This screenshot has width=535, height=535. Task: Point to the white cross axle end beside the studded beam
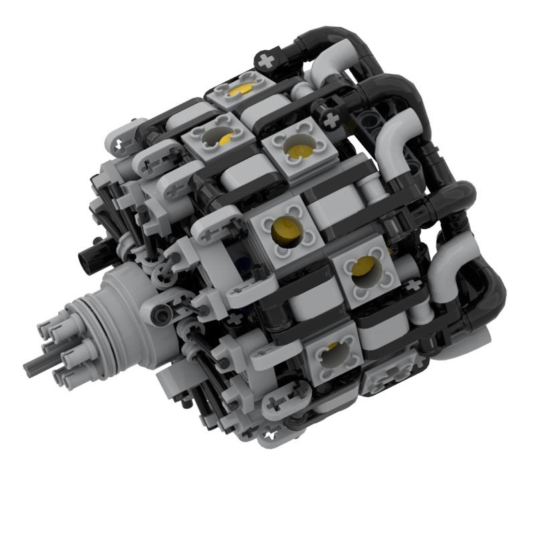click(330, 119)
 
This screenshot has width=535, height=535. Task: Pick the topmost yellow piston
click(242, 89)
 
